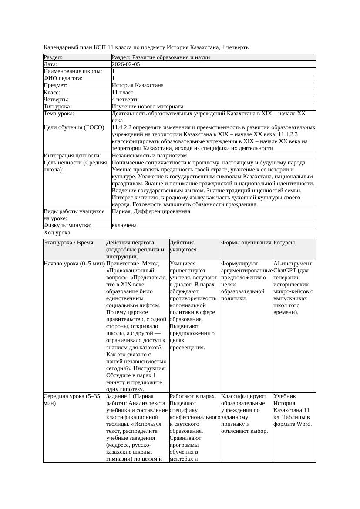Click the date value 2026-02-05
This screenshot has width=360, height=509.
pyautogui.click(x=126, y=64)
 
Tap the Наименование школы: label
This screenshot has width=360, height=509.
pyautogui.click(x=73, y=71)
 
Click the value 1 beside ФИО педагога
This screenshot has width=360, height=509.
pyautogui.click(x=114, y=78)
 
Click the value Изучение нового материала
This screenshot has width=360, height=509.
pyautogui.click(x=147, y=107)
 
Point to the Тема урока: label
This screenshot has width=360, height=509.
pyautogui.click(x=59, y=114)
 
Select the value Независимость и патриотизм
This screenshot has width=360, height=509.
pyautogui.click(x=149, y=156)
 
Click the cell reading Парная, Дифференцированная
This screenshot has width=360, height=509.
pyautogui.click(x=151, y=211)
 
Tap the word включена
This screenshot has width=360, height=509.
pyautogui.click(x=124, y=225)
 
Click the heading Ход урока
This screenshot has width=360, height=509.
pyautogui.click(x=57, y=233)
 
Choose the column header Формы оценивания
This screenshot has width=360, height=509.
pyautogui.click(x=246, y=243)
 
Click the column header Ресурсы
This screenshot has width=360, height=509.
pyautogui.click(x=284, y=243)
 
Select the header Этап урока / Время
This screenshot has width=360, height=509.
pyautogui.click(x=68, y=243)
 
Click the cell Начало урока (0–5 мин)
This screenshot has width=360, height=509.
pyautogui.click(x=74, y=264)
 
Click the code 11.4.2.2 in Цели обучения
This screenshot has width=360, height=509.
pyautogui.click(x=124, y=128)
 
